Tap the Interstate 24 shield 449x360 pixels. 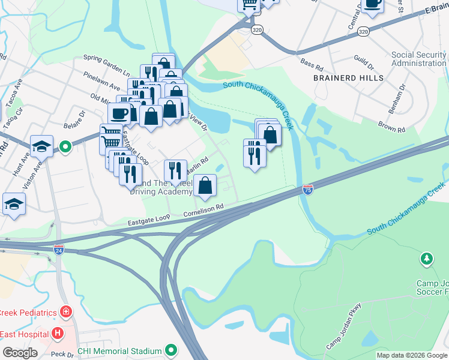(58, 248)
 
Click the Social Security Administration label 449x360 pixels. (418, 59)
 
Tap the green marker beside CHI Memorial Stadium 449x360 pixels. (171, 350)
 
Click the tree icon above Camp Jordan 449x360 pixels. (426, 259)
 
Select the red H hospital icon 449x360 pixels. (58, 332)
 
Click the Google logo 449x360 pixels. (20, 353)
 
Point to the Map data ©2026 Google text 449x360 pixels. (412, 355)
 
